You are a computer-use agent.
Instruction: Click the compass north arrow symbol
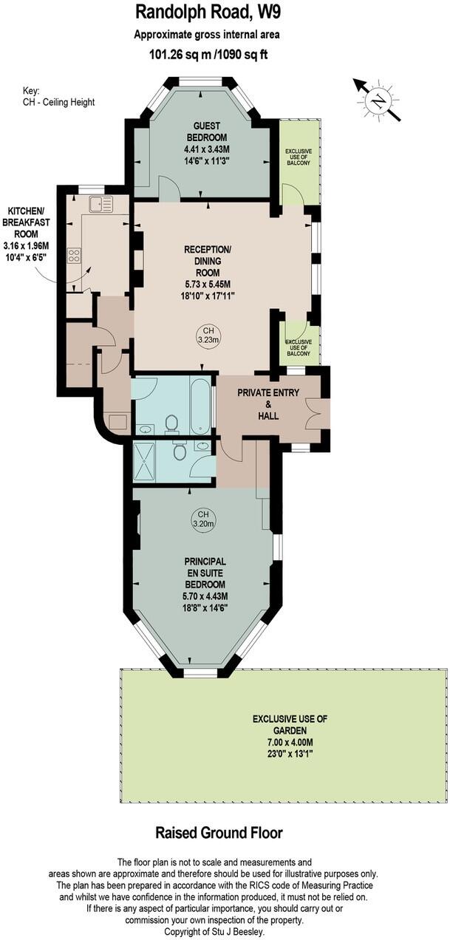pyautogui.click(x=378, y=100)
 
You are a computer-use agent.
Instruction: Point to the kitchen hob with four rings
pyautogui.click(x=75, y=256)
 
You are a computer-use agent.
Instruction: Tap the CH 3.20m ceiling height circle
pyautogui.click(x=202, y=519)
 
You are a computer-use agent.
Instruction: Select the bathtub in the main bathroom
pyautogui.click(x=200, y=406)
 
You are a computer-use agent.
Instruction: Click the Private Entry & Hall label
pyautogui.click(x=268, y=398)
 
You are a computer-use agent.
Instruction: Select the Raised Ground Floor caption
pyautogui.click(x=219, y=833)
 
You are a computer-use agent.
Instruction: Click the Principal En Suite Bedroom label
pyautogui.click(x=206, y=571)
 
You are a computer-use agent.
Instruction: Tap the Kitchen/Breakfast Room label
pyautogui.click(x=26, y=224)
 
